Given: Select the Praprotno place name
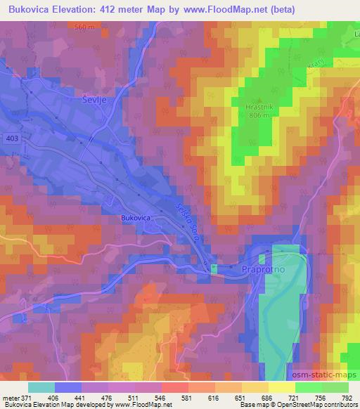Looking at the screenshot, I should [261, 268].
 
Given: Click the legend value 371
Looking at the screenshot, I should [25, 398].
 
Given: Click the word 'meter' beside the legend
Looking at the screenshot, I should [10, 398].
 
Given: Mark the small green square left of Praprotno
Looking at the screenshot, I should [214, 267].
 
